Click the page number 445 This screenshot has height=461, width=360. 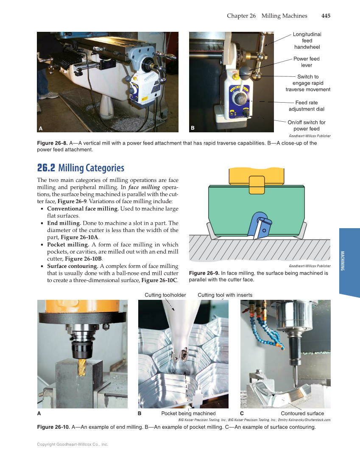coord(326,16)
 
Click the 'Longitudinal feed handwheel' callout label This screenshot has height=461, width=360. coord(307,41)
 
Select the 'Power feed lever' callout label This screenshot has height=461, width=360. coord(307,62)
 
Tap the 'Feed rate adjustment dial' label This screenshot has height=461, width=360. coord(307,106)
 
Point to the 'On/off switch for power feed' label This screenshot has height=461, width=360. coord(307,126)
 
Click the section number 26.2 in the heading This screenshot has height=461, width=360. coord(46,168)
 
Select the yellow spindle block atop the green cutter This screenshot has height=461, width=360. coord(256,174)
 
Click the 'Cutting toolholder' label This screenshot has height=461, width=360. coord(165,295)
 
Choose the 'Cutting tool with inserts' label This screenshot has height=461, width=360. coord(225,295)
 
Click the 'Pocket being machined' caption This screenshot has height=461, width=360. coord(189,414)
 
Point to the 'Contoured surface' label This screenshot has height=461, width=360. coord(302,414)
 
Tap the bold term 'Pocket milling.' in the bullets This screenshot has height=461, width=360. coord(68,245)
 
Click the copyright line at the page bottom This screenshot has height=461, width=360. coord(73,444)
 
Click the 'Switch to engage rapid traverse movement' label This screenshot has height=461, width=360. coord(308,83)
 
